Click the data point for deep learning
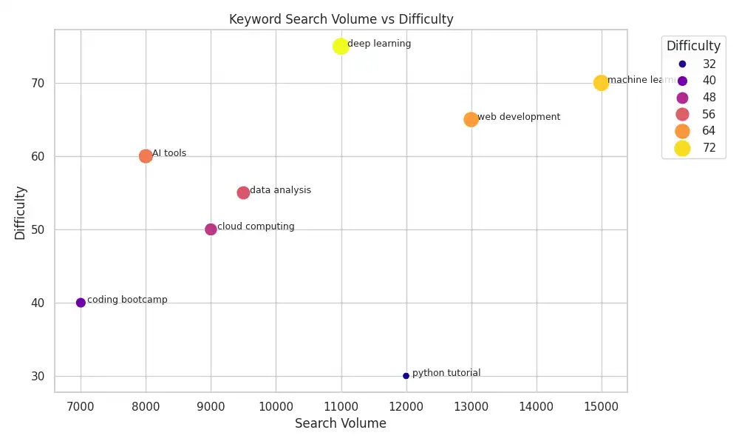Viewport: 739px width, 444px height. [x=341, y=46]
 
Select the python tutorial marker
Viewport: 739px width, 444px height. [x=406, y=376]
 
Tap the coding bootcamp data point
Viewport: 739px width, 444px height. [x=81, y=303]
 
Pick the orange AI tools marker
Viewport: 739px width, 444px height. [x=146, y=156]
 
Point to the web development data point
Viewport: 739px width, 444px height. [x=471, y=119]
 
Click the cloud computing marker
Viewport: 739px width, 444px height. [x=211, y=229]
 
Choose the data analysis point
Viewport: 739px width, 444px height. [x=243, y=192]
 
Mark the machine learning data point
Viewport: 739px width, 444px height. [x=601, y=83]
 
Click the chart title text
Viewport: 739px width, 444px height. [x=341, y=19]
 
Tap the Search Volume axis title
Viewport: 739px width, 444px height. [x=341, y=423]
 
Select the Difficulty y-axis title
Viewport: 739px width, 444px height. [x=21, y=212]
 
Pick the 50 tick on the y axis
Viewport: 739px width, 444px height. [x=38, y=229]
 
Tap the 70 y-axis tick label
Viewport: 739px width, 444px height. [x=38, y=83]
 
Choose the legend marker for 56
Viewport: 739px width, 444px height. [x=682, y=114]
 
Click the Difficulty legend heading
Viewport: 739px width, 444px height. [x=693, y=46]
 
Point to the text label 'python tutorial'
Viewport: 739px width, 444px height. [x=446, y=373]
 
